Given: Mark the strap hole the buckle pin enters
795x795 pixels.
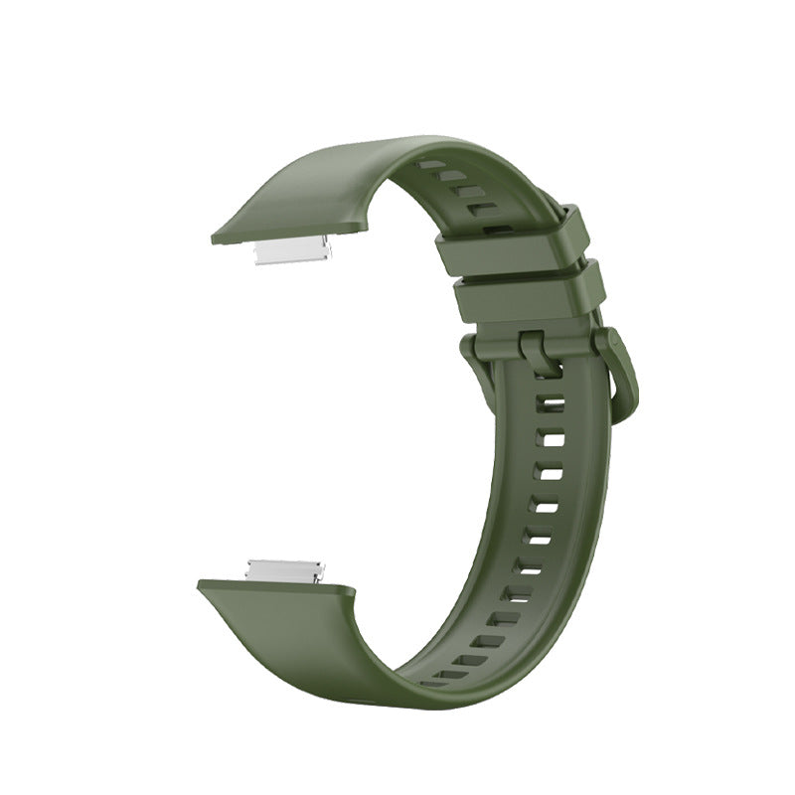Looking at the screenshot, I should [x=546, y=378].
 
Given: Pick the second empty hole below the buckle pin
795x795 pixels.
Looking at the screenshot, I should [x=548, y=438].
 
